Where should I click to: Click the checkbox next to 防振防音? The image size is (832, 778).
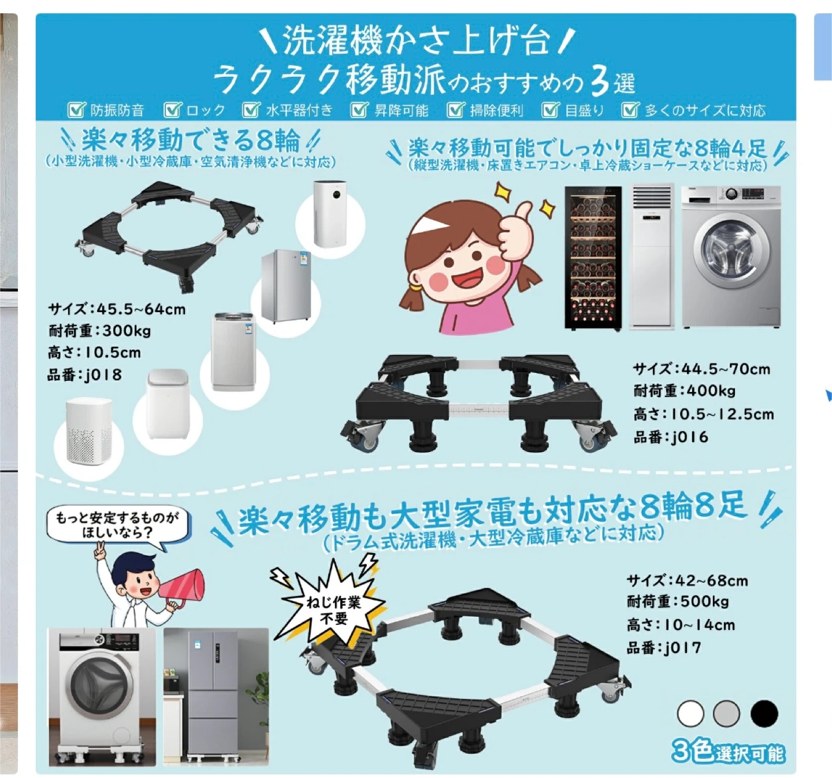[x=77, y=110]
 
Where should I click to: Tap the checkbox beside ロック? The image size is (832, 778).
[x=173, y=110]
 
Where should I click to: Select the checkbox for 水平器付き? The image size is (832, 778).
[x=251, y=110]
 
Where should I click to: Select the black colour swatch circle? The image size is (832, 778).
[x=764, y=713]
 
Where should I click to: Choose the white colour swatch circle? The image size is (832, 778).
[x=690, y=713]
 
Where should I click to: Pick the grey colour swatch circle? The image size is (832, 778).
[x=726, y=713]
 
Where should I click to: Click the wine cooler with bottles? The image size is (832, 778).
[x=593, y=258]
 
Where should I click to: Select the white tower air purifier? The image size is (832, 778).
[x=330, y=213]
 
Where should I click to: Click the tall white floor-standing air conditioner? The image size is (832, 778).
[x=652, y=257]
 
